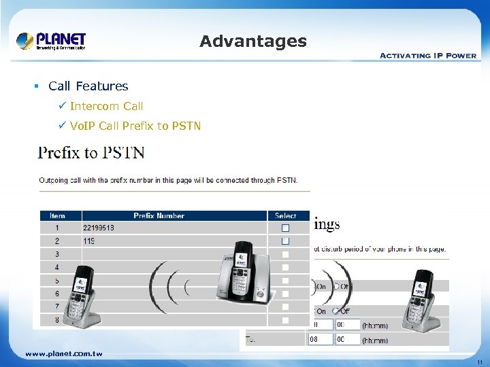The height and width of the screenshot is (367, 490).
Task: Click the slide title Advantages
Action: tap(253, 41)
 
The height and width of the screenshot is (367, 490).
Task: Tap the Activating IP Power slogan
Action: tap(427, 56)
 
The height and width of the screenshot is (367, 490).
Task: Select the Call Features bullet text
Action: tap(88, 86)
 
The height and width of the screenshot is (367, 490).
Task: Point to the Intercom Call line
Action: tap(106, 106)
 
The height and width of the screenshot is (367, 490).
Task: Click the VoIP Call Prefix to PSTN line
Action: tap(135, 126)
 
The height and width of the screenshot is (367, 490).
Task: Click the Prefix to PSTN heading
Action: tap(91, 152)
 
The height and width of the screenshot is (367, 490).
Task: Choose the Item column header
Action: tap(57, 215)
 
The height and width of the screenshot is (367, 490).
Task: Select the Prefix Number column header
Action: tap(159, 215)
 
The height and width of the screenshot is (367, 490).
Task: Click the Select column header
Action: tap(286, 215)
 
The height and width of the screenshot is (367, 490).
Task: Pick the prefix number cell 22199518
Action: tap(99, 228)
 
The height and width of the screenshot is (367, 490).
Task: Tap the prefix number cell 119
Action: tap(88, 241)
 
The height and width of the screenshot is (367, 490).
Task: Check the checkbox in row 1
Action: tap(286, 228)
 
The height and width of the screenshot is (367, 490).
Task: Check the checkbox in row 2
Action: tap(286, 241)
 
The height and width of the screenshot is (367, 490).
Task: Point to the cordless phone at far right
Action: tap(422, 299)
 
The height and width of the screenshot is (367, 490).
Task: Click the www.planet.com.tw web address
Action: tap(63, 353)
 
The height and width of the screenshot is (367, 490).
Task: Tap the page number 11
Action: tap(479, 362)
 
